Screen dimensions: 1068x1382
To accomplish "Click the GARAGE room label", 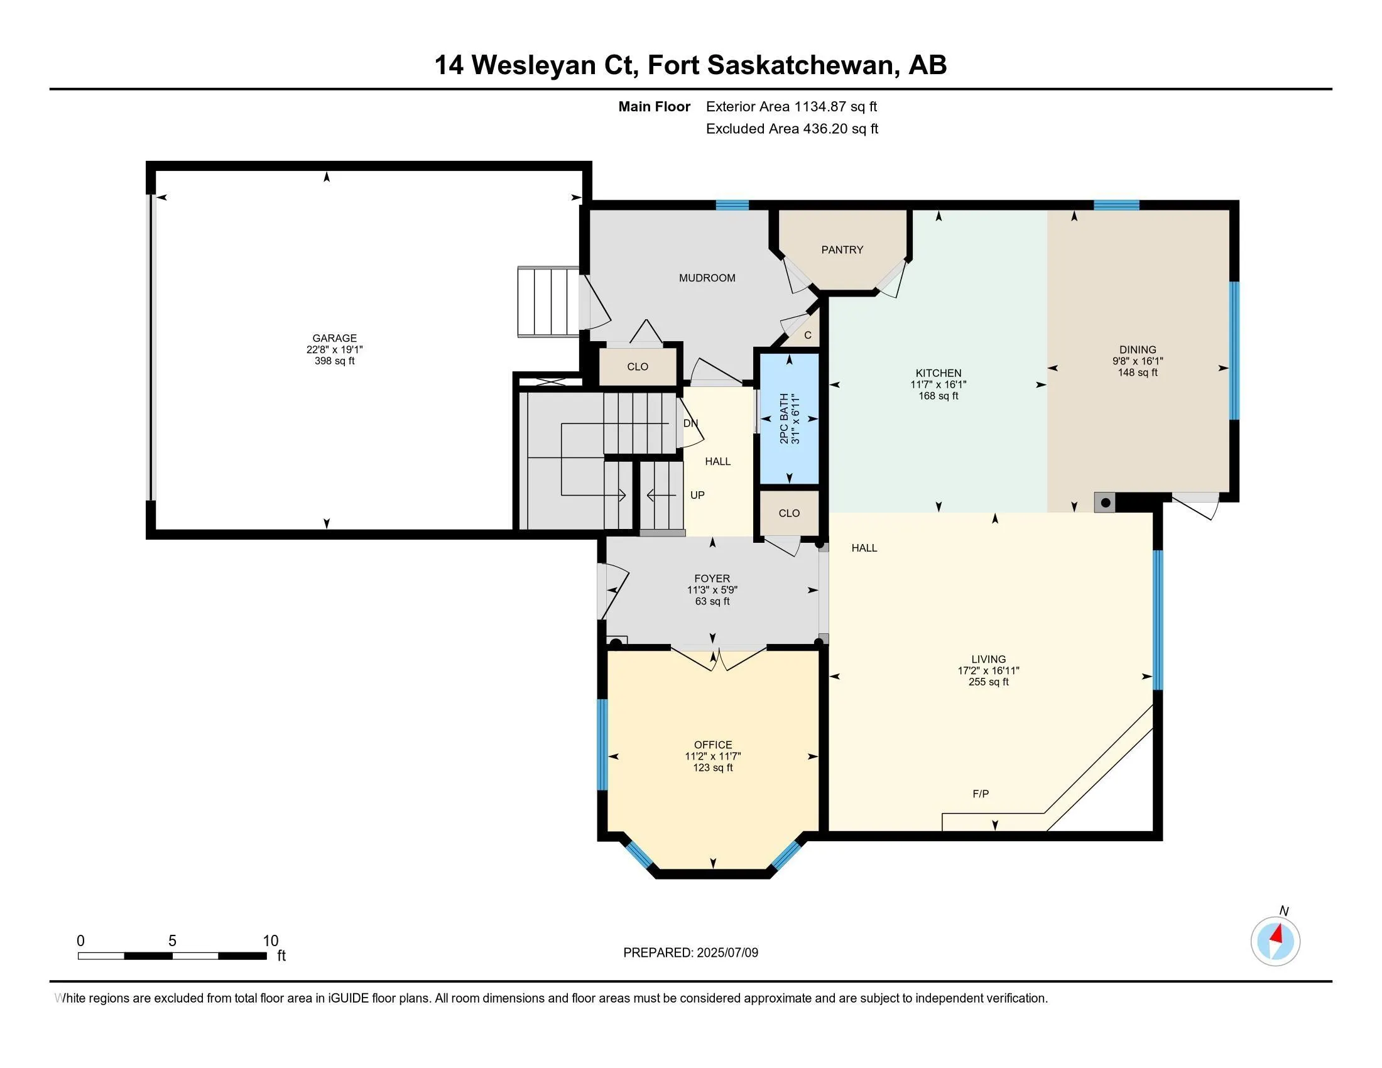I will [334, 338].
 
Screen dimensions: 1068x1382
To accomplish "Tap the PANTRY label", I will [842, 250].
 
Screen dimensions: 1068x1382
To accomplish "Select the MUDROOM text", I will [707, 278].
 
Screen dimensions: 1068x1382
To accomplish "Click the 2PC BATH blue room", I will [789, 419].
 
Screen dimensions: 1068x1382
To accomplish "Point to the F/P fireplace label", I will [980, 793].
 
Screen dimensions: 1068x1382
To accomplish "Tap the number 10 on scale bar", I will [270, 940].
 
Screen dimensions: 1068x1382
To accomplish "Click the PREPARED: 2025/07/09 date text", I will [690, 952].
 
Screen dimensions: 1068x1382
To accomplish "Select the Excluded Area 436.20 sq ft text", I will [792, 129].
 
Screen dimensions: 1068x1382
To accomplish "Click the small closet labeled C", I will [807, 335].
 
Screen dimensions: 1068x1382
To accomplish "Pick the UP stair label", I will [697, 496].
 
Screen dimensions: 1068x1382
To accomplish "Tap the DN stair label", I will [690, 423].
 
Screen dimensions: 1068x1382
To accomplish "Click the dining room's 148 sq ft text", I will [1137, 373].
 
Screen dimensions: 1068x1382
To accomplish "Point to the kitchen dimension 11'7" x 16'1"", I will [938, 384].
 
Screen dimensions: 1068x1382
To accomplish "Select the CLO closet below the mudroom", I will [637, 367].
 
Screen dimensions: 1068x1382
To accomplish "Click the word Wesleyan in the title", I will [553, 65].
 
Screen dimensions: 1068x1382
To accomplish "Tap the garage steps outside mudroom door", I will [548, 302].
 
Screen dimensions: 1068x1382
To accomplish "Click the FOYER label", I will [712, 578].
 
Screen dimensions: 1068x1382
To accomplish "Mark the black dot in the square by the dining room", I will [1105, 503].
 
